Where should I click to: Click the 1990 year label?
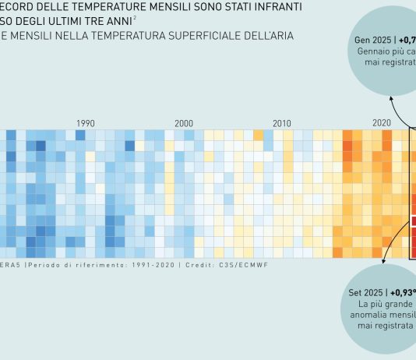coord(86,123)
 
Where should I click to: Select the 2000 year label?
coord(184,123)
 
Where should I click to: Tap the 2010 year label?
coord(282,123)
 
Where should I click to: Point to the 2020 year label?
coord(382,123)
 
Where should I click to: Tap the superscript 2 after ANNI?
coord(135,19)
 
